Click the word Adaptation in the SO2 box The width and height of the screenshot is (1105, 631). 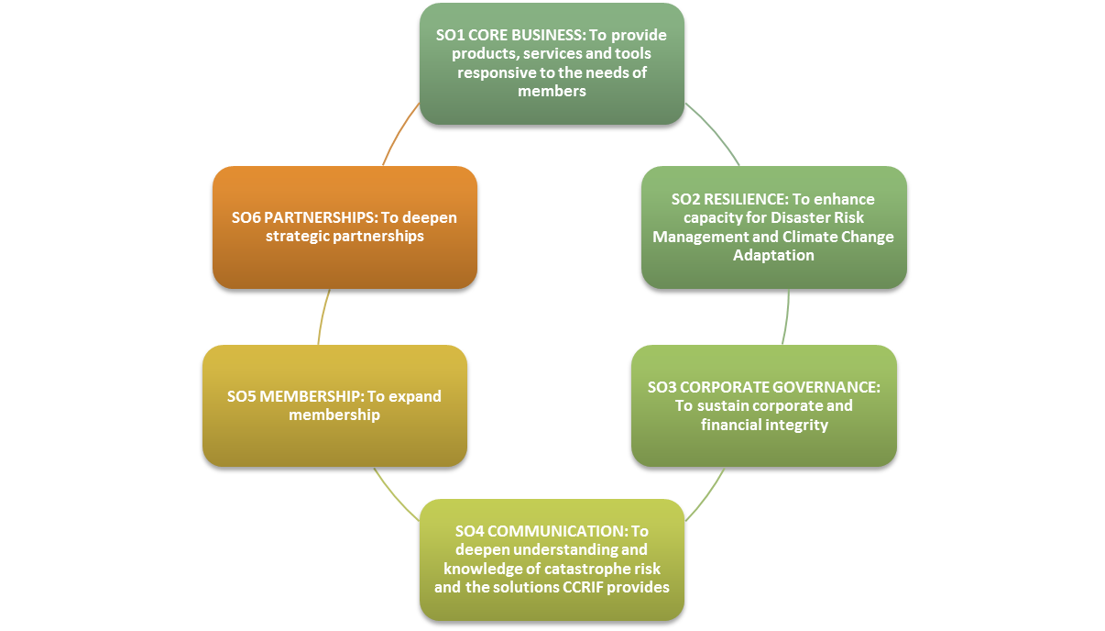tap(773, 255)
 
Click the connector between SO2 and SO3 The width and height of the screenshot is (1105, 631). tap(786, 317)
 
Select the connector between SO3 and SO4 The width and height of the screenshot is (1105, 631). tap(707, 496)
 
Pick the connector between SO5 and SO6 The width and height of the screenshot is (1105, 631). tap(323, 317)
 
